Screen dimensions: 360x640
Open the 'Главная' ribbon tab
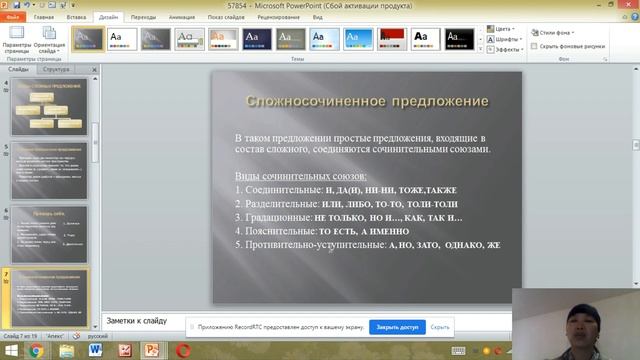pos(44,18)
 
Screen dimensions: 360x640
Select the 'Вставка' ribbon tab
pos(76,18)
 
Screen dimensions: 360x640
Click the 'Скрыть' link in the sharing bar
pos(440,327)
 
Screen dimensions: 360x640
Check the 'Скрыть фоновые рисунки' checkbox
pos(534,46)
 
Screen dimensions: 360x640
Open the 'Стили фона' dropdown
pos(556,33)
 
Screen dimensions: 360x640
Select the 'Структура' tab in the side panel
pos(57,70)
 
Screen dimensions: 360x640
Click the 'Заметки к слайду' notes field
pos(300,320)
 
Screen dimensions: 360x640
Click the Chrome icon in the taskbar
pos(35,351)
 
